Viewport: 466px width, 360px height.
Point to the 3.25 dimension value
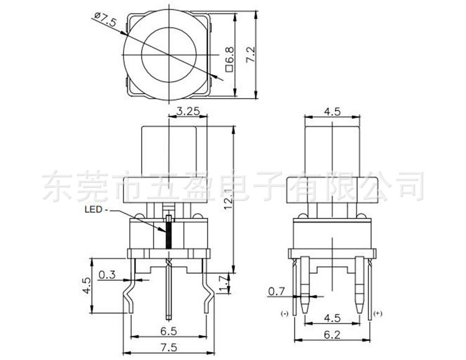pos(188,112)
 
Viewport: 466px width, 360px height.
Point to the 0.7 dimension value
pos(276,291)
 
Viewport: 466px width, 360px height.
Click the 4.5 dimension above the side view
pos(333,112)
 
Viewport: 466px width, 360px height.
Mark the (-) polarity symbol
pos(287,313)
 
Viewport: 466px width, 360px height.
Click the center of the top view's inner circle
pos(169,57)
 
